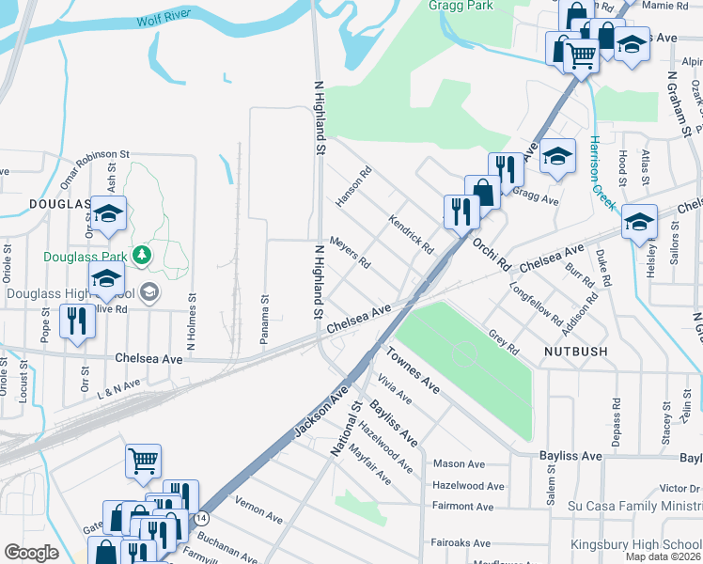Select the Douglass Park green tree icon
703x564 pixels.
point(141,255)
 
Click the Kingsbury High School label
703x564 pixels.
point(636,545)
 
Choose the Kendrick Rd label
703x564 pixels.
point(410,234)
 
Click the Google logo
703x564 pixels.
point(31,552)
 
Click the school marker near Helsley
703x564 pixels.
point(639,223)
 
